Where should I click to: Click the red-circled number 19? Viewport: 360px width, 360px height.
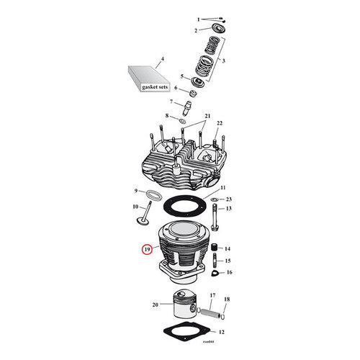pyautogui.click(x=147, y=251)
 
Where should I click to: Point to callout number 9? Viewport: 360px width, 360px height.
pyautogui.click(x=135, y=191)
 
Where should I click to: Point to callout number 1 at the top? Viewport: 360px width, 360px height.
pyautogui.click(x=198, y=19)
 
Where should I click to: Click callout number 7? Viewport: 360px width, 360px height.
pyautogui.click(x=171, y=102)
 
